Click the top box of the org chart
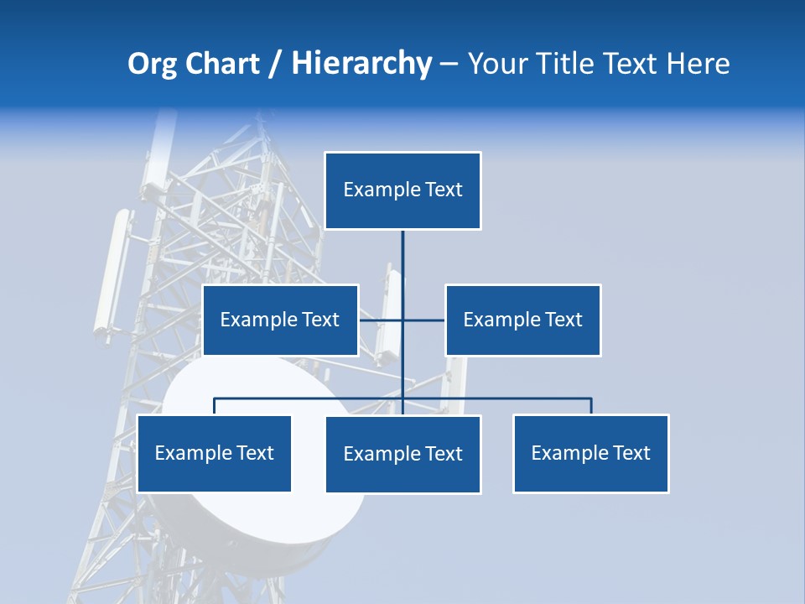[x=402, y=190]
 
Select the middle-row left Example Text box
[x=280, y=320]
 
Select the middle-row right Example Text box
[x=522, y=320]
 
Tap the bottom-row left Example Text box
[x=214, y=453]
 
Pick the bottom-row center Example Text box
[x=402, y=454]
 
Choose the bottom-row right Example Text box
[x=590, y=453]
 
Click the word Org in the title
[x=152, y=65]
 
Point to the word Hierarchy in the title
[x=361, y=64]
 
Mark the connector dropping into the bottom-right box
[x=591, y=406]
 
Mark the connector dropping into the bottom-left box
[x=215, y=407]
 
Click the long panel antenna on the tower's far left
[x=112, y=273]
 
